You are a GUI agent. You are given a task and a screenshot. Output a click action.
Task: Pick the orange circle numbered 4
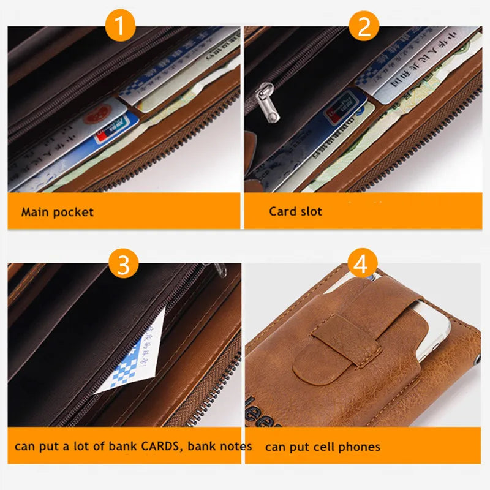(361, 265)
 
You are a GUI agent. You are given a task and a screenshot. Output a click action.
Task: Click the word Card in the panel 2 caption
(282, 211)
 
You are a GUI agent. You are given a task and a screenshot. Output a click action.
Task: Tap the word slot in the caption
(311, 211)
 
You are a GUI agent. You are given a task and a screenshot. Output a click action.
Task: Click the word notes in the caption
(235, 446)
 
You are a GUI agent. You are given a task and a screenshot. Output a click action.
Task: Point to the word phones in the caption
(359, 447)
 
